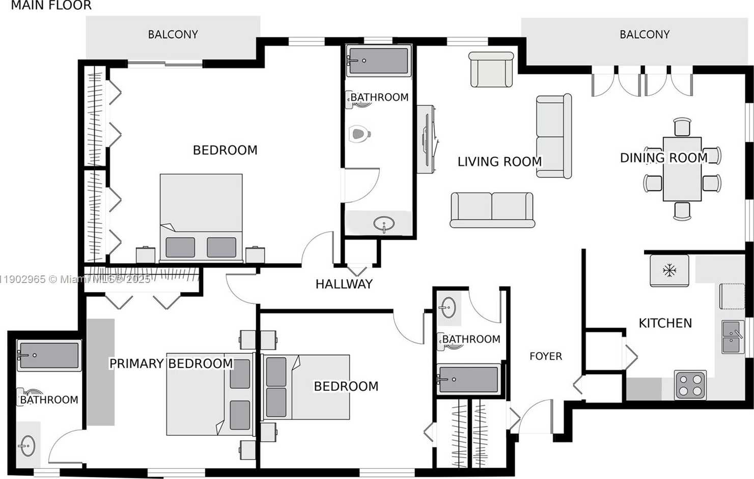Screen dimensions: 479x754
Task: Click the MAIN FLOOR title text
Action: (51, 6)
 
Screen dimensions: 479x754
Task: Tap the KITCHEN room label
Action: (665, 323)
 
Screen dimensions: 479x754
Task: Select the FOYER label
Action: (545, 356)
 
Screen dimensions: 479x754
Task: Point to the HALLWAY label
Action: (344, 284)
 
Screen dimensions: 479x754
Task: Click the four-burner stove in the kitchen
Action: (690, 384)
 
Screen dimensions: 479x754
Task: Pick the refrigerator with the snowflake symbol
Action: (669, 270)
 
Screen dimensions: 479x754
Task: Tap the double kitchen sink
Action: (733, 337)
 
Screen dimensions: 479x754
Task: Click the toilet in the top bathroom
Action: (359, 134)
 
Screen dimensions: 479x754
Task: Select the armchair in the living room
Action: (491, 70)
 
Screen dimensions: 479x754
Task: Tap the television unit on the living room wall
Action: (426, 139)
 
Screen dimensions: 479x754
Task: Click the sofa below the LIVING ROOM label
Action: (492, 209)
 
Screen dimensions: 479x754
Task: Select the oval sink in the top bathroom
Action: (384, 223)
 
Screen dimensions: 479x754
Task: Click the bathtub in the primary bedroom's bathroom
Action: (49, 355)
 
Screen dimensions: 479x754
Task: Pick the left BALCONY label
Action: (173, 35)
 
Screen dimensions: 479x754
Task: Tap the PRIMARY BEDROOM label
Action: (171, 363)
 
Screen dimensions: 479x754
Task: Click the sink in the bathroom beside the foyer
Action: (448, 307)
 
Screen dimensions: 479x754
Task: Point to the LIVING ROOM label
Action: (499, 162)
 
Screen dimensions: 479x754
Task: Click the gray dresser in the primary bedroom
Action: (100, 372)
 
